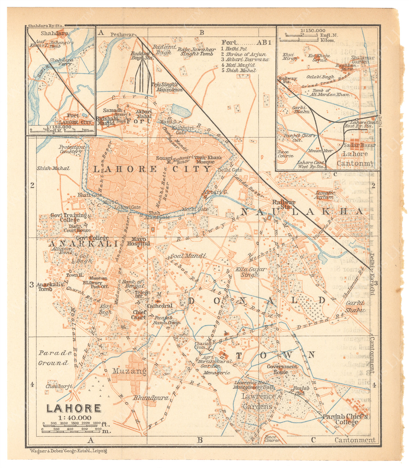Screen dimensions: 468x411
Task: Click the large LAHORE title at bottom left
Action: pyautogui.click(x=74, y=408)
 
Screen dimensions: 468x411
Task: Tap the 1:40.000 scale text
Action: pyautogui.click(x=75, y=418)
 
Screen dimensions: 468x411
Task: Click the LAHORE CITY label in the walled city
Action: pyautogui.click(x=152, y=169)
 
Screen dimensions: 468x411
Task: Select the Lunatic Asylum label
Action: pyautogui.click(x=325, y=195)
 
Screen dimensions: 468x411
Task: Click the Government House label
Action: pyautogui.click(x=282, y=369)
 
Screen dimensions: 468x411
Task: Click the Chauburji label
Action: pyautogui.click(x=59, y=386)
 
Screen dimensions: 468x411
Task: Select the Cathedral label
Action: pyautogui.click(x=159, y=306)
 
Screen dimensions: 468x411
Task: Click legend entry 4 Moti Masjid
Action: pyautogui.click(x=238, y=65)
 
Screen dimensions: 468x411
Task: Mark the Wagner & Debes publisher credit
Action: pyautogui.click(x=68, y=451)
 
